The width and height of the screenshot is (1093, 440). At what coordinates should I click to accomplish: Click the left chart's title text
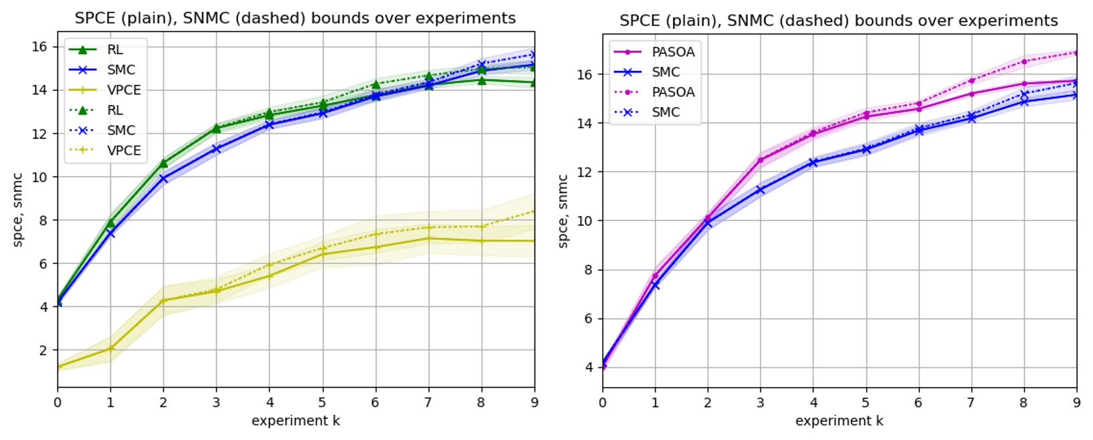coord(295,18)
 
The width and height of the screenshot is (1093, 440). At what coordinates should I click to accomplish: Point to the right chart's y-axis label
coord(563,211)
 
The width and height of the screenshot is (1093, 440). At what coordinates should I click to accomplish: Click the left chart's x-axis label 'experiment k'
coord(296,421)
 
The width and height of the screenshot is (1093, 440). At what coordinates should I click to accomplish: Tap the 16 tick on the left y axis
coord(39,47)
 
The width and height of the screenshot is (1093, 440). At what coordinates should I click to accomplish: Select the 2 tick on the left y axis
coord(43,350)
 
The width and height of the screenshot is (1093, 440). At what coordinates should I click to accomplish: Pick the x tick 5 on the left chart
coord(322,403)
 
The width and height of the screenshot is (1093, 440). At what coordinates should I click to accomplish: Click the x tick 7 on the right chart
coord(971,403)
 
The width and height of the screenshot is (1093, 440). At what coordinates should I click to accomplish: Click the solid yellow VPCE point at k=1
coord(110,348)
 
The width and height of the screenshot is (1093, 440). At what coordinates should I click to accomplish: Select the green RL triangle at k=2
coord(163,162)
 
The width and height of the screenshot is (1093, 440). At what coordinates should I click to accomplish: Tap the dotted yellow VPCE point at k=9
coord(534,211)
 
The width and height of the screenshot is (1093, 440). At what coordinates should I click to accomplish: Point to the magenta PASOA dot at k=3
coord(761,160)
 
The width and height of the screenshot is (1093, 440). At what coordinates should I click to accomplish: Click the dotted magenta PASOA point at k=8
coord(1023,62)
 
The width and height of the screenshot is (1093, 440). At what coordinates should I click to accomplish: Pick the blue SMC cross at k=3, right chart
coord(761,190)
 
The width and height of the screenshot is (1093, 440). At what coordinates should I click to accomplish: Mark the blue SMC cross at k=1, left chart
coord(110,233)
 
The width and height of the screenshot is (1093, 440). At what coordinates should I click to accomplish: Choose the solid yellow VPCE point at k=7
coord(428,238)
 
